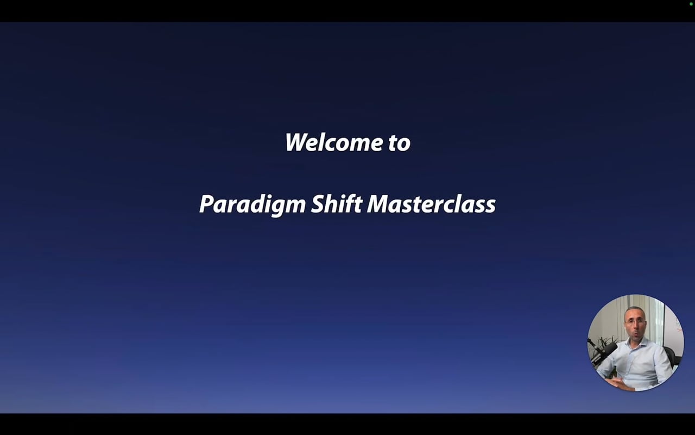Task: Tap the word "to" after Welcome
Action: click(399, 143)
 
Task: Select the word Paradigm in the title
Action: click(252, 205)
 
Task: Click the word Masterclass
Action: click(431, 204)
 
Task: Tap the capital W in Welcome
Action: click(296, 142)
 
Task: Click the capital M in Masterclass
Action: click(379, 204)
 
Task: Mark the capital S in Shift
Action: click(316, 204)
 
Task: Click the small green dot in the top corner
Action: click(691, 4)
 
